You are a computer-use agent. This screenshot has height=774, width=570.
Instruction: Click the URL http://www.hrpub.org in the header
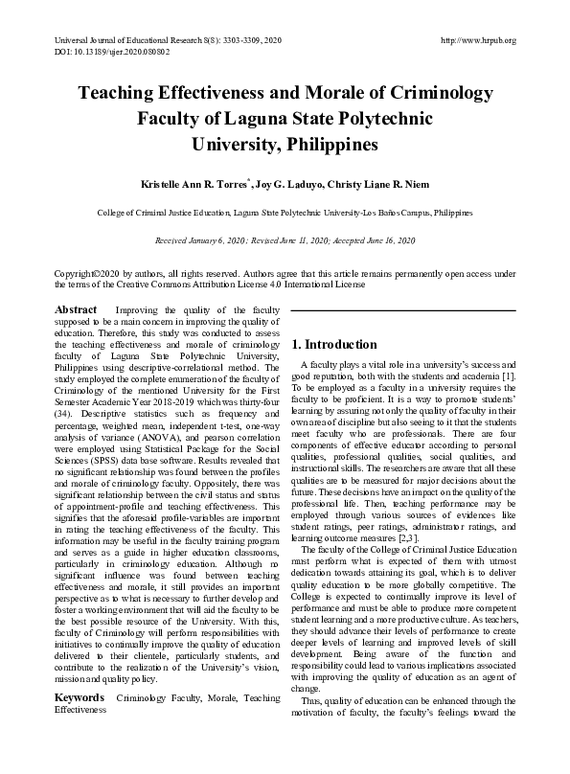(x=478, y=40)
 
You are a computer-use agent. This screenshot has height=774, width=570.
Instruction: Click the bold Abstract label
(x=76, y=310)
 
